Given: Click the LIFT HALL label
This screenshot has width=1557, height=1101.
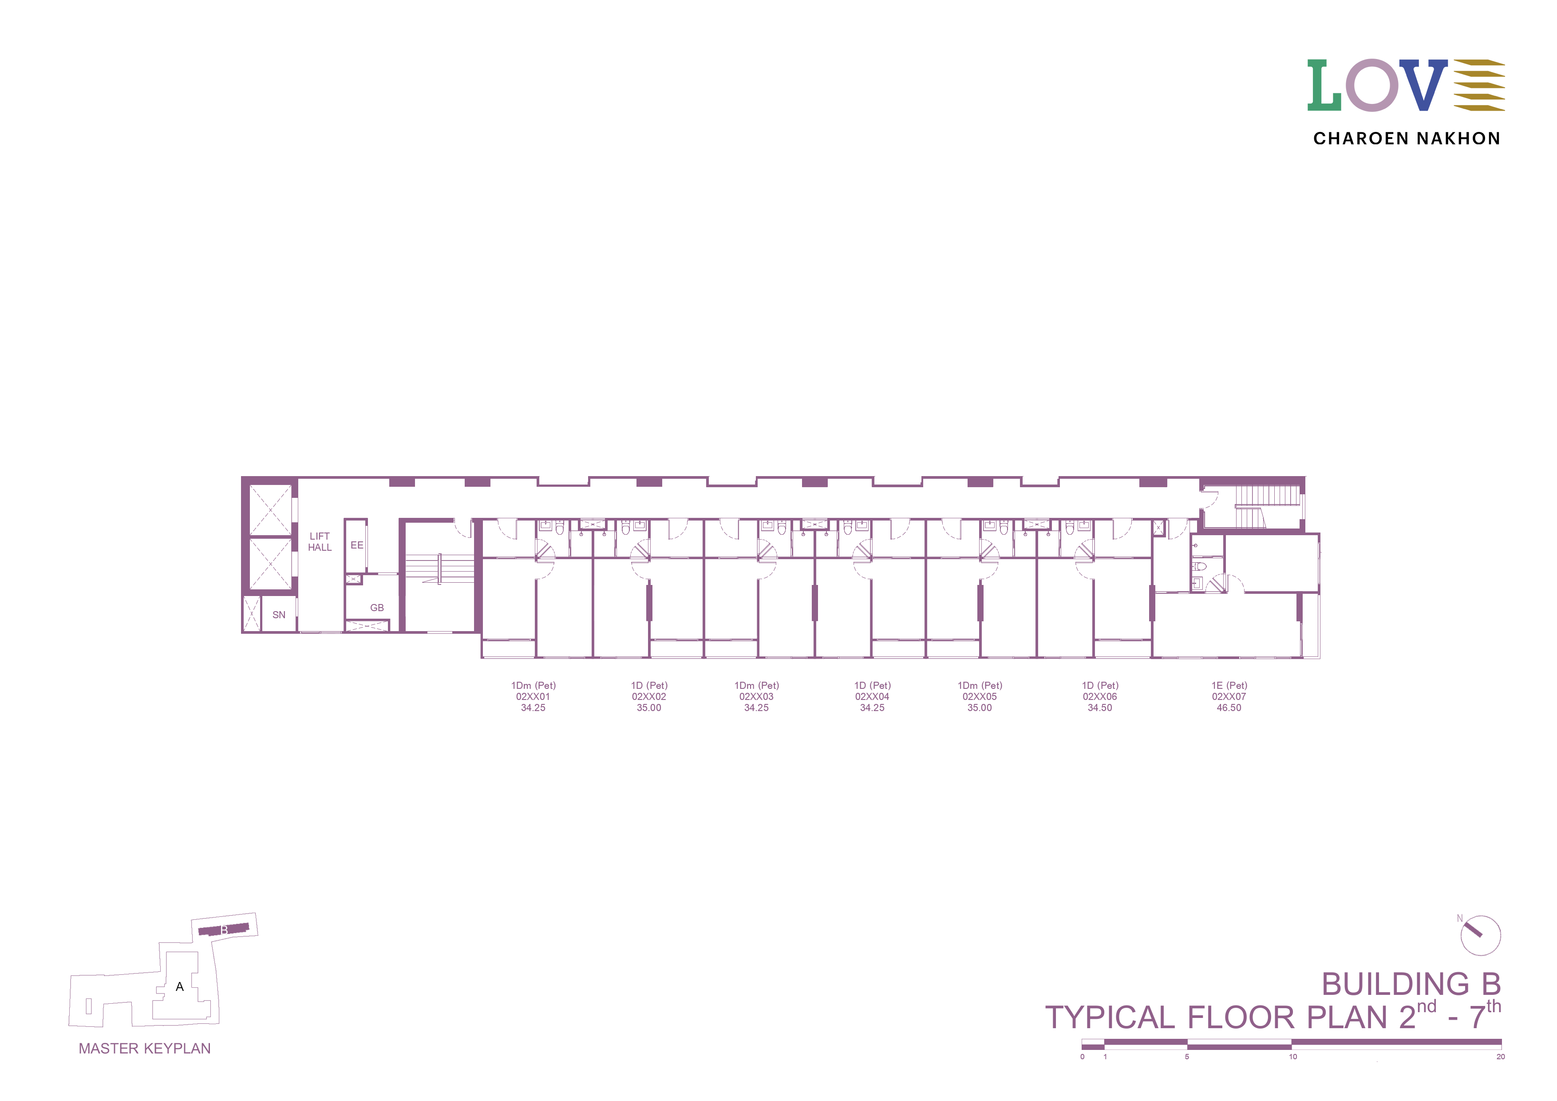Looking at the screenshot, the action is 320,541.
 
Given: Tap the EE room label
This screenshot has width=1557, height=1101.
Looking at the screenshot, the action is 357,545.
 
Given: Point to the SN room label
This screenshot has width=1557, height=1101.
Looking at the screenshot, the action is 279,615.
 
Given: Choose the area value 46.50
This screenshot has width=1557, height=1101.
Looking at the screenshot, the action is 1229,708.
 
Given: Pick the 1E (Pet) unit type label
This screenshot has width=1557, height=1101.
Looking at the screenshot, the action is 1229,685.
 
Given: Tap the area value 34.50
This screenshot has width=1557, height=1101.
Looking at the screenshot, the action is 1100,708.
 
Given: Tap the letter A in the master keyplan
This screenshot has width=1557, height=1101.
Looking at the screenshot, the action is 180,987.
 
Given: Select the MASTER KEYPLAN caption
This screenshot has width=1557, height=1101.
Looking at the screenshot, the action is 144,1049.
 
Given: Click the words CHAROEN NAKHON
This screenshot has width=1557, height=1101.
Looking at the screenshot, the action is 1407,139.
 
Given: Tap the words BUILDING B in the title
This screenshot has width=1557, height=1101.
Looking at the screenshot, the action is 1411,984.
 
